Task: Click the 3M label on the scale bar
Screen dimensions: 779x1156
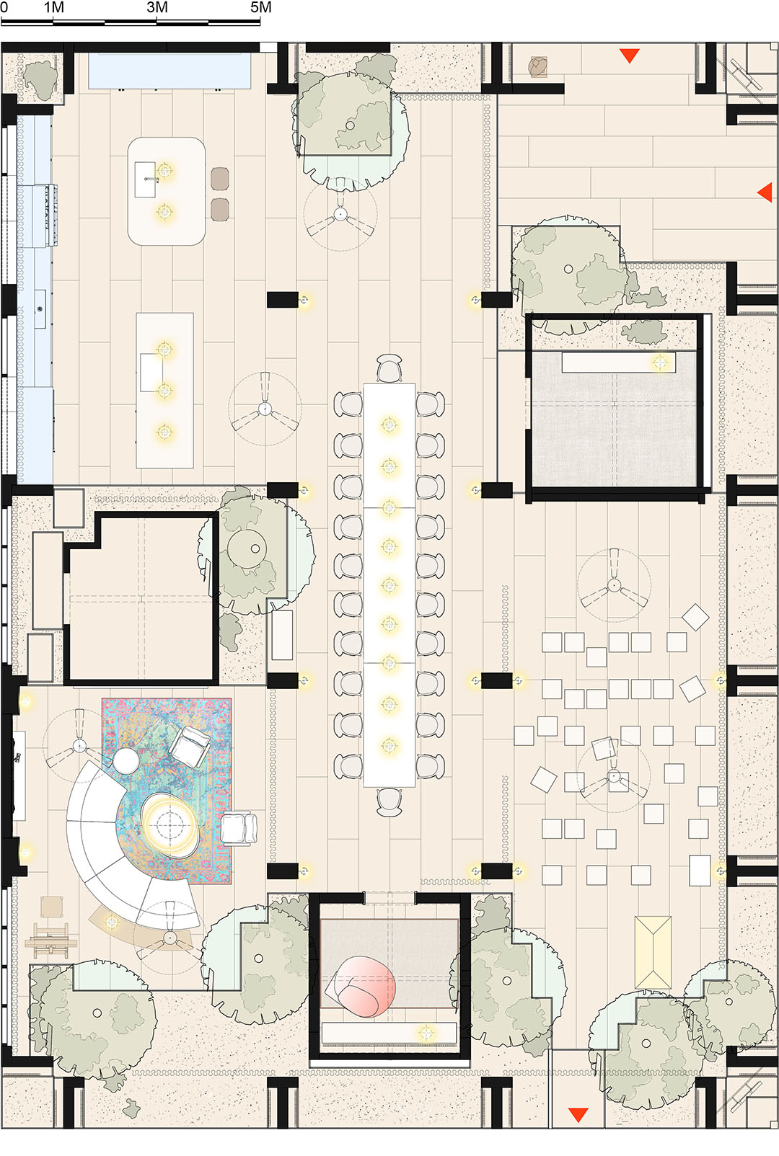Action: tap(157, 7)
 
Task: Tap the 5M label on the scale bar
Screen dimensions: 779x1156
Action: tap(261, 7)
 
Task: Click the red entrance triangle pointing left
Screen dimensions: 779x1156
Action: tap(765, 192)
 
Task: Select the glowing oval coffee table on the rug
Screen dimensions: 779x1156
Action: tap(170, 824)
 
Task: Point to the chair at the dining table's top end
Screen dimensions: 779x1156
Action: tap(389, 368)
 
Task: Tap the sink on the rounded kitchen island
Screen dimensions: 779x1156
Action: tap(145, 179)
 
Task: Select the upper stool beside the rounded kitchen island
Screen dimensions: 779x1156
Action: tap(220, 178)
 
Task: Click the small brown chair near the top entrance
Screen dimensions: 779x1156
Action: tap(538, 67)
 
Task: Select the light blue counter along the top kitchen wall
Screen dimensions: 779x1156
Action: tap(170, 71)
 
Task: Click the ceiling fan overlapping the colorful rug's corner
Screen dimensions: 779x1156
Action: tap(79, 745)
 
